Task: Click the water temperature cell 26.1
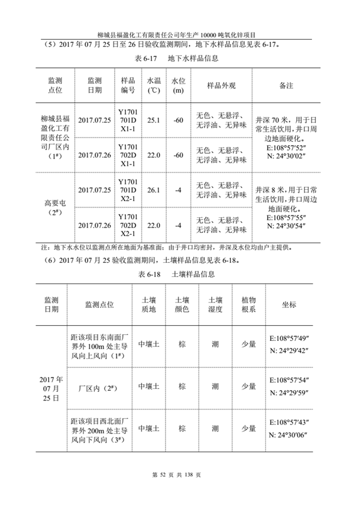point(154,190)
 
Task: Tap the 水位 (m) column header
point(178,86)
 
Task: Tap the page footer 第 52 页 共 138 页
point(180,475)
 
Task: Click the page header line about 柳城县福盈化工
point(180,34)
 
